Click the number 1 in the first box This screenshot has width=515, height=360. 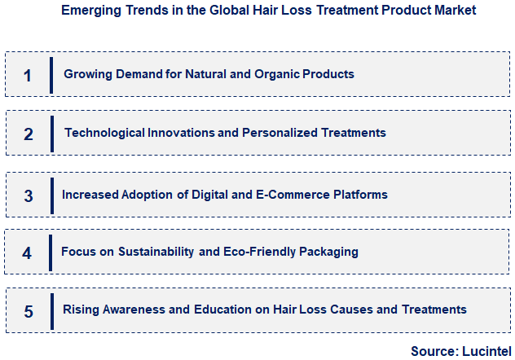tap(28, 76)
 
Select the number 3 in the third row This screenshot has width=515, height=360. tap(29, 196)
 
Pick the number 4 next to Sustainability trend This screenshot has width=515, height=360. tap(27, 253)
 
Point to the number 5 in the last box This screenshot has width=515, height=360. tap(29, 311)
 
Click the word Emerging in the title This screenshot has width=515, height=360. tap(86, 11)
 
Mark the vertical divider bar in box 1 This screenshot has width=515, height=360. tap(51, 75)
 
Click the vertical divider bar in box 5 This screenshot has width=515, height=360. tap(51, 310)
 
